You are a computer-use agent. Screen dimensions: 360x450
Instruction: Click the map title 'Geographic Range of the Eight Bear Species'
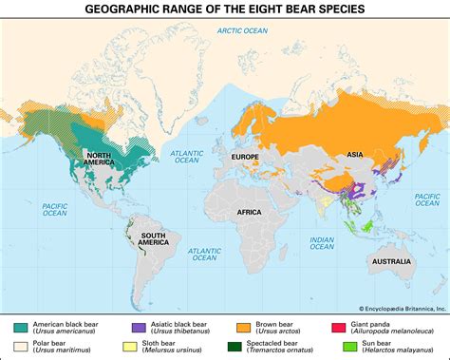(x=225, y=10)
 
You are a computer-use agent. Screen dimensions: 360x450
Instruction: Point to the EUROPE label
(x=245, y=156)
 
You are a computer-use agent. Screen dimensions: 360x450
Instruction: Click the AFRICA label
(x=249, y=212)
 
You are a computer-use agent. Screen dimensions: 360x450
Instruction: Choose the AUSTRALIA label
(x=390, y=260)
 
